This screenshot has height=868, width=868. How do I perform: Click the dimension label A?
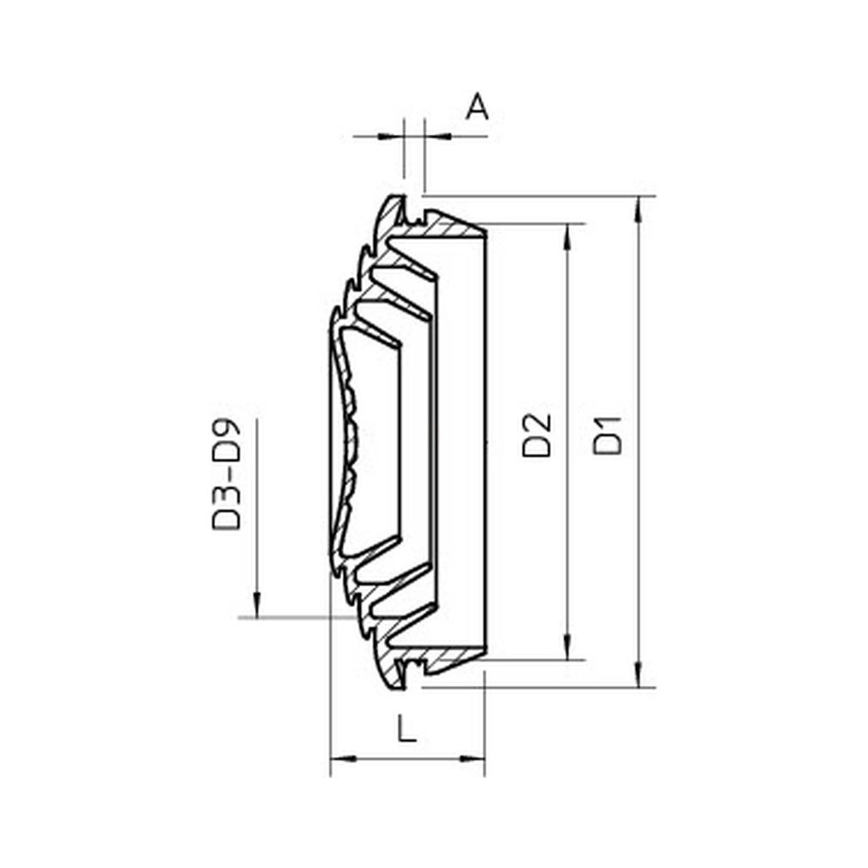tap(477, 107)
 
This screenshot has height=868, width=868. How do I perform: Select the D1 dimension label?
tap(608, 435)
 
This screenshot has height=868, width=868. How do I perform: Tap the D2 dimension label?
tap(537, 435)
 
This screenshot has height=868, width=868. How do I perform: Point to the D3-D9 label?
tap(226, 474)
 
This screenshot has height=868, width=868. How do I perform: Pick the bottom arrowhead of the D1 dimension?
tap(639, 675)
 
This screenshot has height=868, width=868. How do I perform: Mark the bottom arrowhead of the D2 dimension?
tap(567, 647)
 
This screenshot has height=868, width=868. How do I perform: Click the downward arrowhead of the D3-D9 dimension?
tap(256, 604)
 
